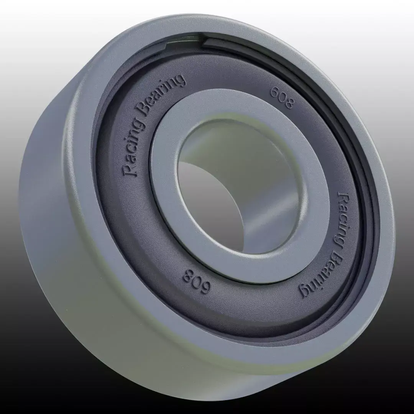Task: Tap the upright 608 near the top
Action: tap(282, 98)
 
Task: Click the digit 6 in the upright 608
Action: tap(274, 92)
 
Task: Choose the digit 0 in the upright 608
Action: tap(282, 98)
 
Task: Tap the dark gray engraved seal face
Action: tap(127, 215)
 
